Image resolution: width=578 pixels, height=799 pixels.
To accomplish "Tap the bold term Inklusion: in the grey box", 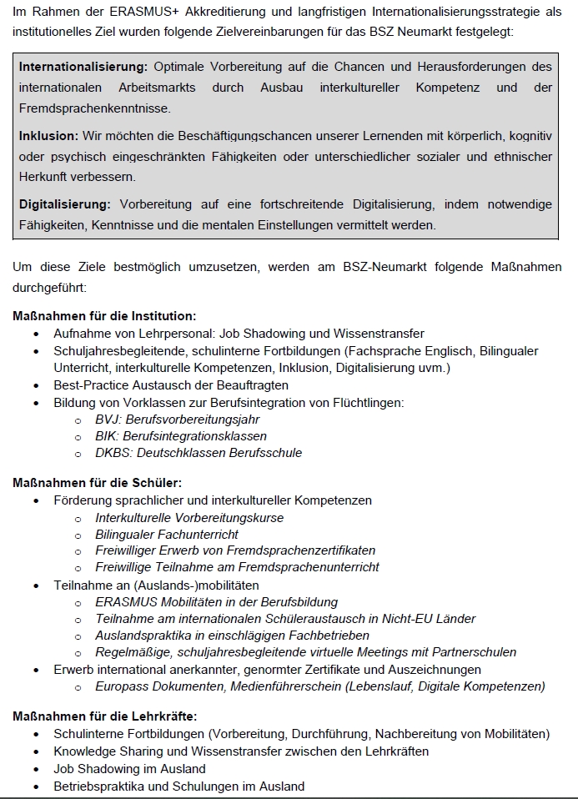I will click(x=48, y=135).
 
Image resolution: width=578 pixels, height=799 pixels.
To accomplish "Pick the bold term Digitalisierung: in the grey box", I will click(x=65, y=204).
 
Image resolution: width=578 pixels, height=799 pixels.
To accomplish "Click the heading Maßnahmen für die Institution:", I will click(x=104, y=316).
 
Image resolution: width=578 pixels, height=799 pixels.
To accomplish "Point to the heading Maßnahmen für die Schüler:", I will click(x=97, y=482).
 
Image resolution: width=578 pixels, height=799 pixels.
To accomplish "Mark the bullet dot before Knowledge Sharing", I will click(x=36, y=751).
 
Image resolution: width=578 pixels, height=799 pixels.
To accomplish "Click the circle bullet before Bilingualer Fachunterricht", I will click(x=78, y=535).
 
